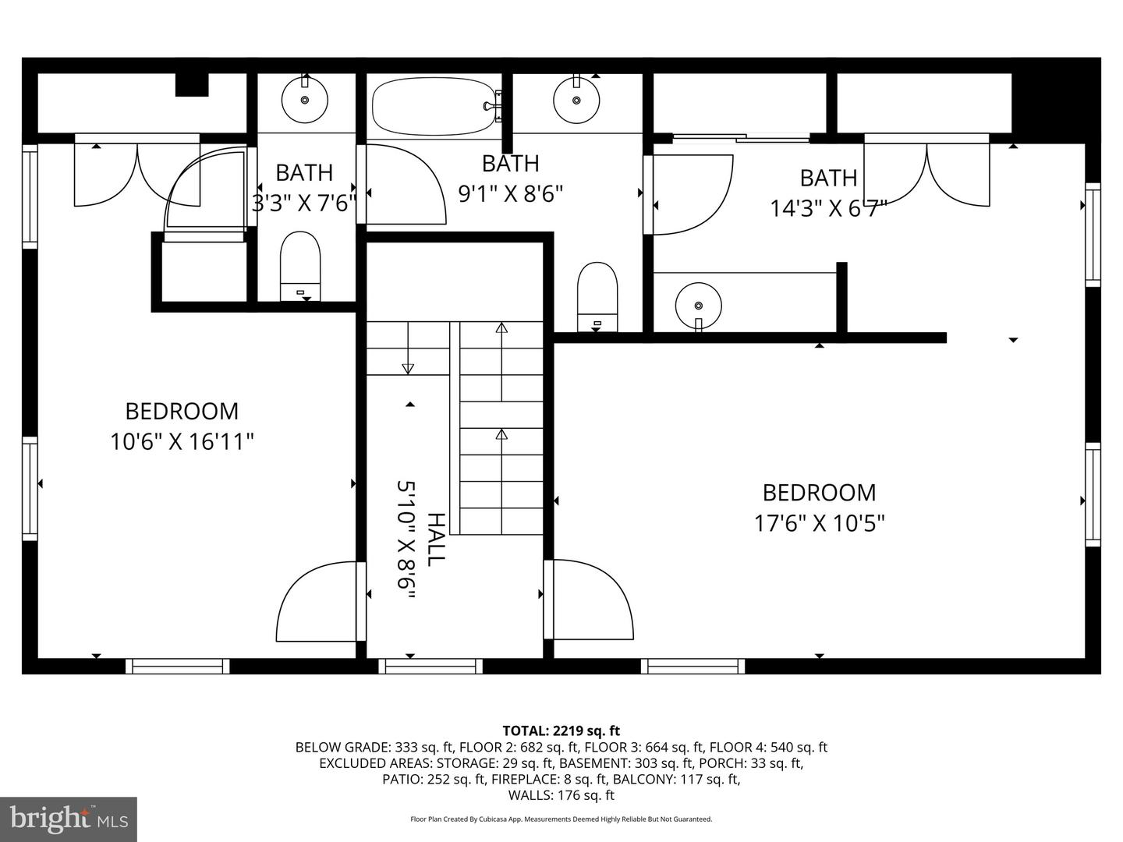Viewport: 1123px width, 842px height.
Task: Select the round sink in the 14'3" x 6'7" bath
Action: pos(698,305)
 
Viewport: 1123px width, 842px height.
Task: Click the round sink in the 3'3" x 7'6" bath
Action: pos(304,100)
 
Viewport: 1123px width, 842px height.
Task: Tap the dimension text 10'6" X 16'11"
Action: pos(182,442)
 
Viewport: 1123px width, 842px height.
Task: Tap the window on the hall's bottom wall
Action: pos(430,666)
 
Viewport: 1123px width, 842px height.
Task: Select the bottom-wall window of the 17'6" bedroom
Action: pos(693,666)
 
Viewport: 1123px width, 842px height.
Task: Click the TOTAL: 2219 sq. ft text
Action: pos(561,731)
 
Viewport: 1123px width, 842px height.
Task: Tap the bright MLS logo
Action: pos(69,819)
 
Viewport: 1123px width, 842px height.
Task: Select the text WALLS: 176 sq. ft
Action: pos(561,795)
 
